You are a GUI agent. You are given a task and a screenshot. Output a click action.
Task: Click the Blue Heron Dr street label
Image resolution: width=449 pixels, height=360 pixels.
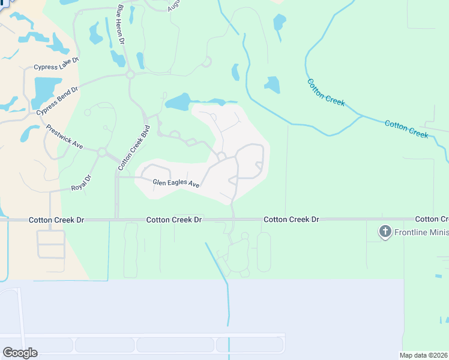click(121, 25)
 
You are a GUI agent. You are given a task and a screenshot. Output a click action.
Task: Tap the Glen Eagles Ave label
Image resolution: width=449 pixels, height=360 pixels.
click(176, 183)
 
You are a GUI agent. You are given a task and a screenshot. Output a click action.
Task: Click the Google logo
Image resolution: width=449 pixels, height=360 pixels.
click(20, 353)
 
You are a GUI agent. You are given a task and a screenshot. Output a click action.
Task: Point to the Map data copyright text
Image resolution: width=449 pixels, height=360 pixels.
click(424, 355)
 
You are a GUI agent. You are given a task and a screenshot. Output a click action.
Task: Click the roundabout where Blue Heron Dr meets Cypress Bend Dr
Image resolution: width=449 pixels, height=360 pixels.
click(130, 74)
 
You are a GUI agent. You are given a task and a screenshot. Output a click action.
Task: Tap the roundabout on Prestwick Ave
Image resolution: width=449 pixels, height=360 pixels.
click(102, 152)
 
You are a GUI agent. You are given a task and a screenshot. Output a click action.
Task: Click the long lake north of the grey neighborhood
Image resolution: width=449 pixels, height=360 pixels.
click(186, 102)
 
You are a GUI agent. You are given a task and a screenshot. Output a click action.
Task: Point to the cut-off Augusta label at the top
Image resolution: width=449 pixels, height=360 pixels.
click(174, 5)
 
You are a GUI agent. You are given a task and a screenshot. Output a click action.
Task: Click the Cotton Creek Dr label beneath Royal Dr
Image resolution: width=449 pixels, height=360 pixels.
click(56, 220)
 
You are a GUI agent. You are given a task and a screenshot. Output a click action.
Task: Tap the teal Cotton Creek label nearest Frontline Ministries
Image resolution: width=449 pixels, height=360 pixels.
click(406, 128)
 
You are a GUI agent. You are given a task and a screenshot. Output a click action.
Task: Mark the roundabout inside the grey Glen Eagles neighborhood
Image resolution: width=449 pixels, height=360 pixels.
click(221, 157)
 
